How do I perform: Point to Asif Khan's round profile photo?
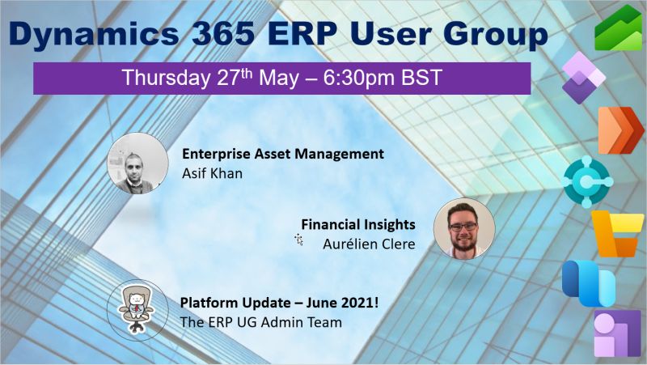132,163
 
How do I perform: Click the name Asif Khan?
211,172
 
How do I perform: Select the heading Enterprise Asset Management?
282,153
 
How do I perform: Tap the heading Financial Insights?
358,224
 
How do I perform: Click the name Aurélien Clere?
369,243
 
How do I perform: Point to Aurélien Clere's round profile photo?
463,228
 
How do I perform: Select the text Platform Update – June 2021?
273,303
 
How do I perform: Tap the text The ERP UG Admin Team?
261,322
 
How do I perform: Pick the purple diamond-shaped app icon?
583,76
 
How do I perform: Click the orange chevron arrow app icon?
620,129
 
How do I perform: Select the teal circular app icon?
588,181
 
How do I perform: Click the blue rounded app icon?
589,282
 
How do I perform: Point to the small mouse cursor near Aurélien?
298,240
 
